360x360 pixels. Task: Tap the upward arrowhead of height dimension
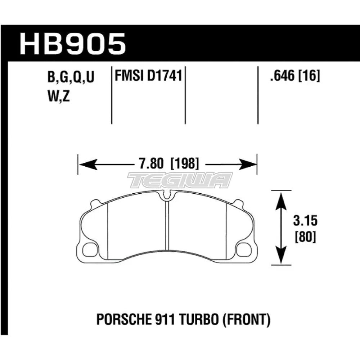point(281,196)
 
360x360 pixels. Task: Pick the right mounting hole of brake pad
point(245,248)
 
